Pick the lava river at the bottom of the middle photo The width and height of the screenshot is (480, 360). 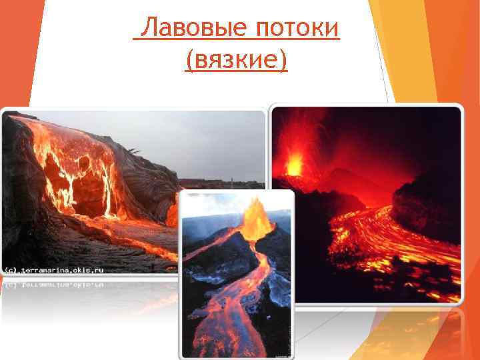click(x=227, y=327)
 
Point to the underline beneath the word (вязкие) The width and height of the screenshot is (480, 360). click(x=236, y=73)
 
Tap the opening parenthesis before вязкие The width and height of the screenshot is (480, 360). click(x=191, y=62)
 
